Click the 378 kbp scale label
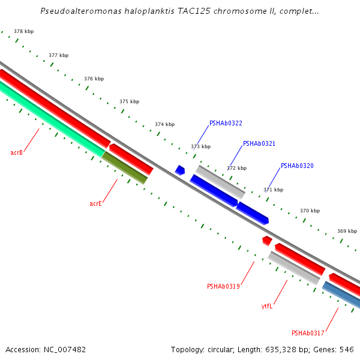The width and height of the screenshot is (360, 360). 24,31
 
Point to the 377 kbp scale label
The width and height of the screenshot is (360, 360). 59,55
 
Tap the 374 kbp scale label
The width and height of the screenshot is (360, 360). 165,124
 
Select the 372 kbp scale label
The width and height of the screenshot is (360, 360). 237,168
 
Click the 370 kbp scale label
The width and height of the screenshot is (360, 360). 310,211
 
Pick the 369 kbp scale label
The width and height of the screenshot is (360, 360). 347,231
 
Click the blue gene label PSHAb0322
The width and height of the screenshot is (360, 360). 226,123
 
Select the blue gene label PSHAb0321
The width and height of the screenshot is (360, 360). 259,144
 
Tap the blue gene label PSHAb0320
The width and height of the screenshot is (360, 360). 297,166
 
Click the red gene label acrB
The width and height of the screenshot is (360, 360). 16,152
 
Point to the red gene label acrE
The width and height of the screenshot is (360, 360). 95,203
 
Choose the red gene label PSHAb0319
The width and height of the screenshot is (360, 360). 223,286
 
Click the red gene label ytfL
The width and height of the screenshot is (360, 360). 267,306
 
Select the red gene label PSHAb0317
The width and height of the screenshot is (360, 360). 308,333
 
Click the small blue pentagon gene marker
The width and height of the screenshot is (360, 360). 180,170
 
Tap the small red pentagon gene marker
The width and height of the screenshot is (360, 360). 267,241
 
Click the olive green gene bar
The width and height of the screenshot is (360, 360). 125,167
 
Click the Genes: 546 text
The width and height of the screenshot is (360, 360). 339,349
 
